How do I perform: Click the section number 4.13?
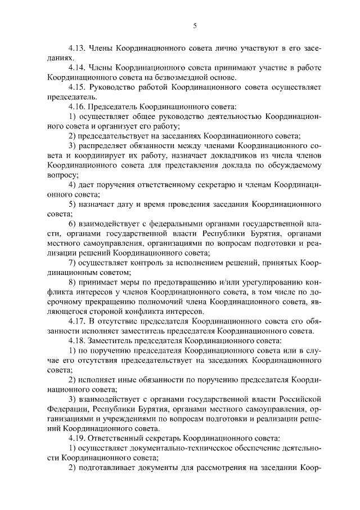[x=77, y=48]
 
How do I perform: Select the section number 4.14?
[x=77, y=68]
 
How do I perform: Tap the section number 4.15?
[x=77, y=87]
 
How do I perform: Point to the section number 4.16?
[x=77, y=107]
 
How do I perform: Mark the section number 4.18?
[x=77, y=340]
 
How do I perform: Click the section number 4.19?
[x=77, y=438]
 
